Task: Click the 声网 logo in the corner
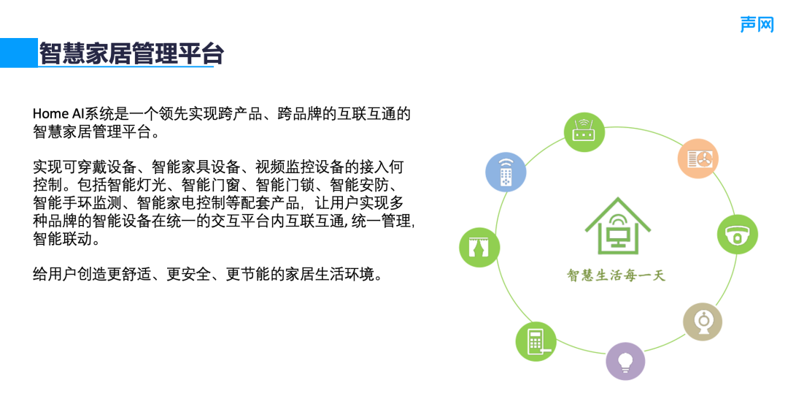point(757,24)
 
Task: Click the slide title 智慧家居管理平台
point(131,53)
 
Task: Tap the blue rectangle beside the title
point(18,53)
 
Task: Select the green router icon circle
point(585,131)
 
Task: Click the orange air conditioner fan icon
point(699,158)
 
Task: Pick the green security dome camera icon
point(737,234)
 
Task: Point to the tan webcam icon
point(703,322)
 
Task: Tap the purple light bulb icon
point(625,360)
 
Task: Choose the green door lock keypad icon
point(536,341)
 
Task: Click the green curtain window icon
point(479,246)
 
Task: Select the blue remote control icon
point(506,172)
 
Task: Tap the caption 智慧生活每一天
point(617,275)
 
